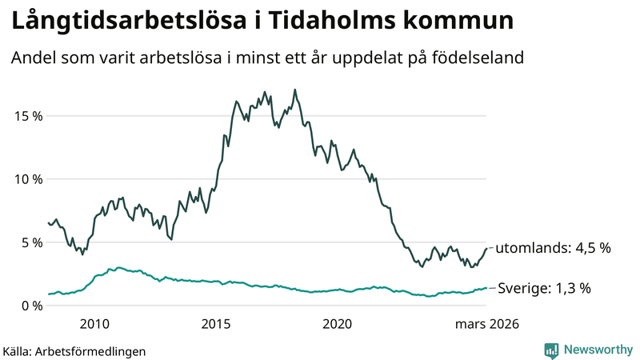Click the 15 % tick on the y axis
26,115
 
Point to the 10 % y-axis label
26,178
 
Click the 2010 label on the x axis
94,324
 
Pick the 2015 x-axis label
216,324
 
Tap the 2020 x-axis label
337,324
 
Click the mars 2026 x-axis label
486,324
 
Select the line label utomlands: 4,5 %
553,248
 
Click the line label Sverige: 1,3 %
544,288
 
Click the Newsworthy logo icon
551,350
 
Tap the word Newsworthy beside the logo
597,350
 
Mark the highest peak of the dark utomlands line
295,90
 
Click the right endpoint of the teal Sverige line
486,288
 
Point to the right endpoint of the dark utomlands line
486,248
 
